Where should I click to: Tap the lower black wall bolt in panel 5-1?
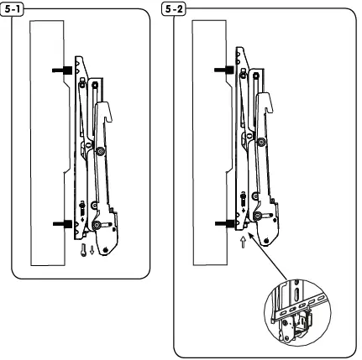pyautogui.click(x=63, y=223)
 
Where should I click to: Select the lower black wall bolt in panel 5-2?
pyautogui.click(x=226, y=223)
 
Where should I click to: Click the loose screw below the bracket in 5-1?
pyautogui.click(x=82, y=249)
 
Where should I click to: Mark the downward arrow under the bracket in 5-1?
pyautogui.click(x=92, y=249)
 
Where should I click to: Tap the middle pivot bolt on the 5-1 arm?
pyautogui.click(x=101, y=151)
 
